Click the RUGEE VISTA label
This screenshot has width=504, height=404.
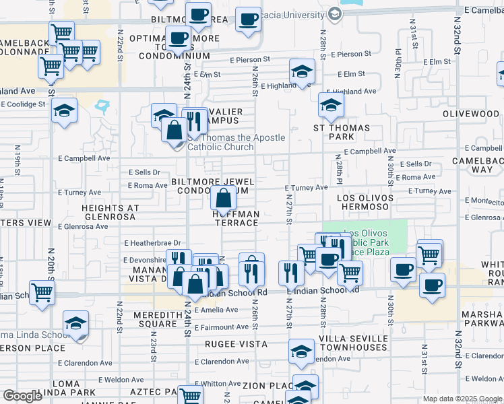click(237, 344)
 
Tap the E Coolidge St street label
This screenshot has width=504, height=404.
click(24, 104)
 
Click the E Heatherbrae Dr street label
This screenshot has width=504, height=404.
click(153, 242)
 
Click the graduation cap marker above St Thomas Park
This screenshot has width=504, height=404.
click(332, 105)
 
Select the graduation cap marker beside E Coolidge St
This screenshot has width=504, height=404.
click(65, 111)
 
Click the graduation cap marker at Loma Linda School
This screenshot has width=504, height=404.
click(76, 323)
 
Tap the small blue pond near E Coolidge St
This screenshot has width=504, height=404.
click(102, 106)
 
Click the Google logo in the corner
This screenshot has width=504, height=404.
click(22, 396)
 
